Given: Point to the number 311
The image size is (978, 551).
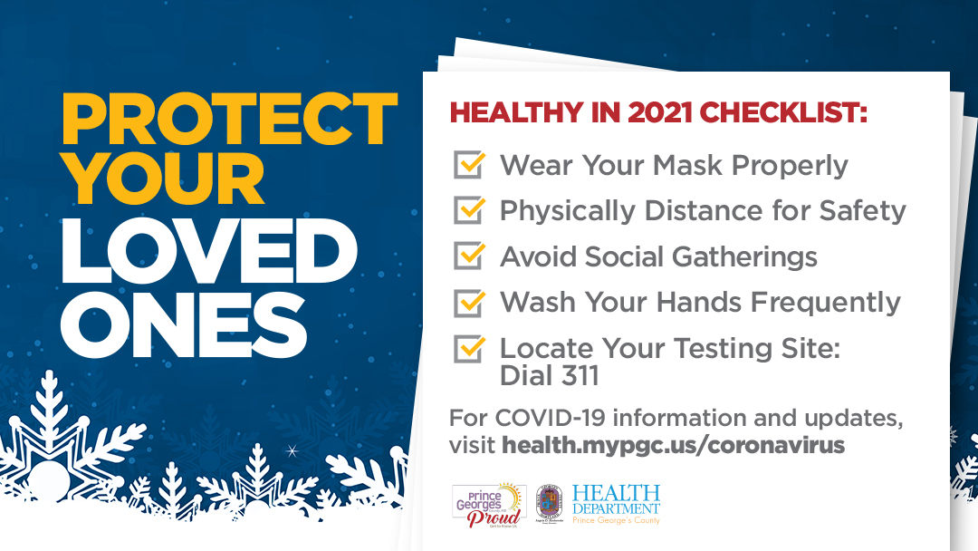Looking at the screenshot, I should (574, 375).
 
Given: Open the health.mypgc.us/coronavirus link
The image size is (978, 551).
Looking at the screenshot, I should (673, 445).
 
